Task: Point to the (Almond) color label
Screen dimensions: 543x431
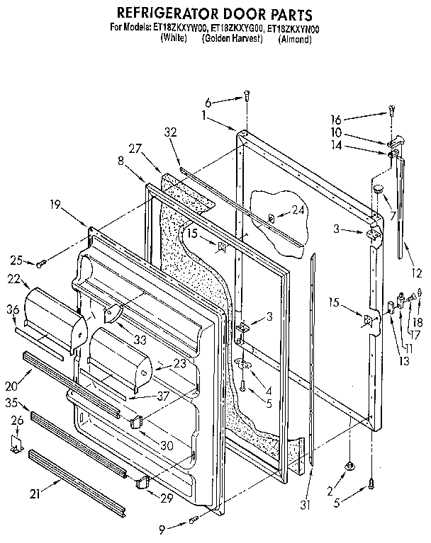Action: (295, 39)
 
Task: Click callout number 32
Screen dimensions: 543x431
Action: (169, 131)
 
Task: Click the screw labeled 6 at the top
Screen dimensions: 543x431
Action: (246, 96)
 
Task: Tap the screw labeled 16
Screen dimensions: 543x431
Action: (391, 110)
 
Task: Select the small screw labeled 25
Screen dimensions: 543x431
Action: (42, 263)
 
